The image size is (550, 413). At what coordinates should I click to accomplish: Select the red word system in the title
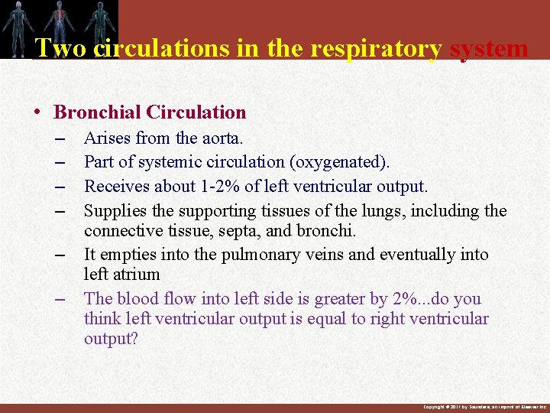pyautogui.click(x=489, y=48)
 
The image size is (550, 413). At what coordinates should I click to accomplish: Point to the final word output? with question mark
pyautogui.click(x=111, y=338)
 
